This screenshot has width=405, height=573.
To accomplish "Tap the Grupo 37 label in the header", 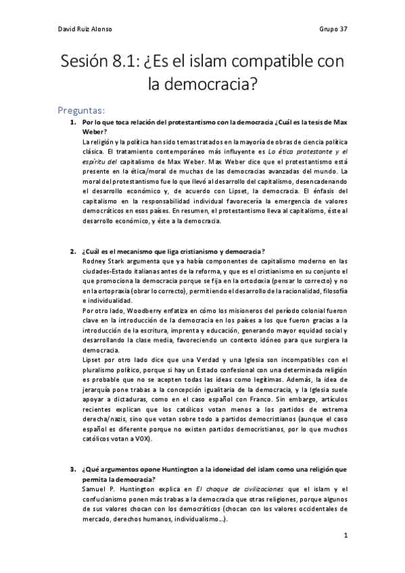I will tap(332, 30).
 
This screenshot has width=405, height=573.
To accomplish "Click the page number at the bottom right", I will tap(345, 534).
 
